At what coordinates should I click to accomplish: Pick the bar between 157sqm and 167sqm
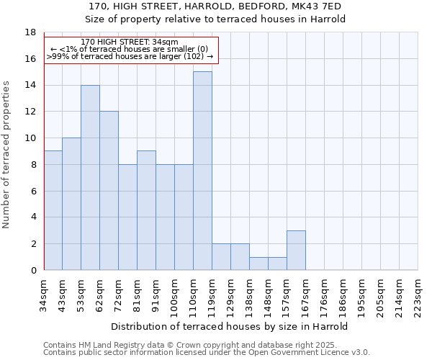tap(296, 250)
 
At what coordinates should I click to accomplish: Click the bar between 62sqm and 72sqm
tap(109, 191)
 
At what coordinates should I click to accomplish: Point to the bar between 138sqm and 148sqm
tap(258, 264)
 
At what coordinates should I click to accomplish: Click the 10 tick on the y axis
tap(30, 138)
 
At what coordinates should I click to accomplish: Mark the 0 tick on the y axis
tap(32, 270)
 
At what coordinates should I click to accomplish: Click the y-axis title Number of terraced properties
tap(6, 155)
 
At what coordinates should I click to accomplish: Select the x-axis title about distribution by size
tap(230, 326)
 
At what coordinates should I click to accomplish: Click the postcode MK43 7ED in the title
tap(317, 6)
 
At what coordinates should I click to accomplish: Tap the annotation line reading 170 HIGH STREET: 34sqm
tap(130, 42)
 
